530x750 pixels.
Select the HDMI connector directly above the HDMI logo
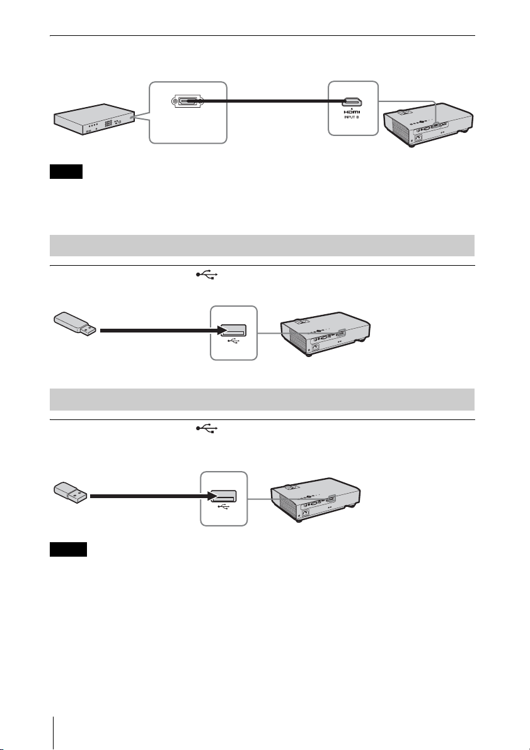click(x=352, y=101)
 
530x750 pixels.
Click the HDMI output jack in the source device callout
click(x=188, y=101)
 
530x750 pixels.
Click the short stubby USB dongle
click(x=68, y=493)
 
